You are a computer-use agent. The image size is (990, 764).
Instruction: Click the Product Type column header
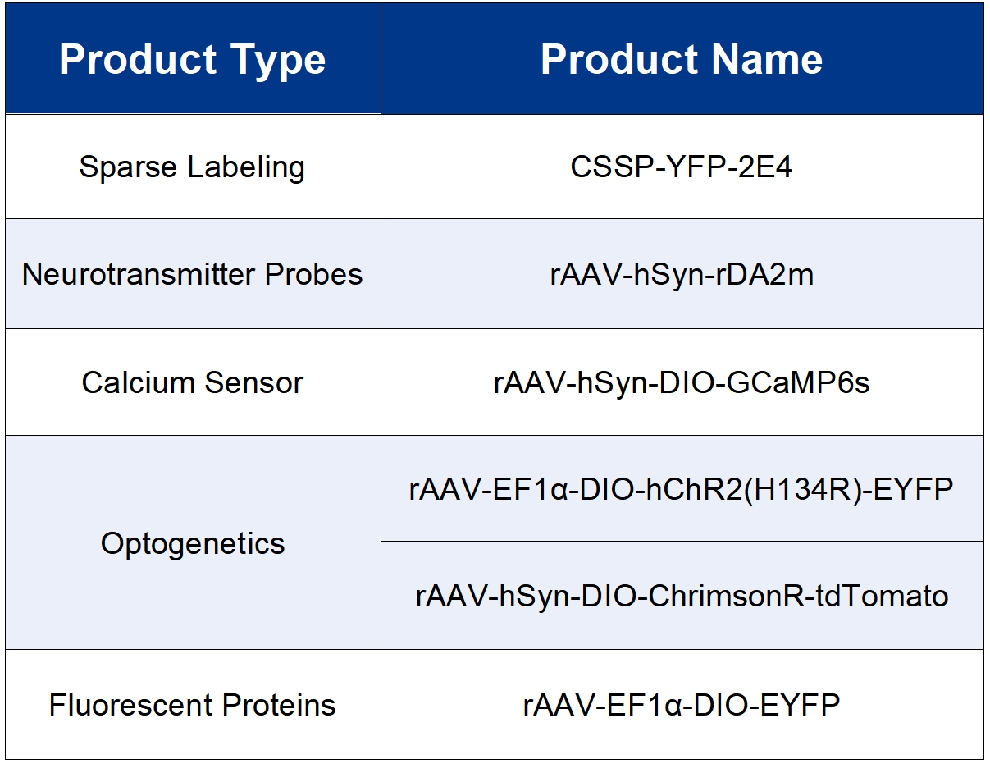tap(192, 60)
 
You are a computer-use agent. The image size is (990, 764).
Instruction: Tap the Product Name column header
tap(682, 59)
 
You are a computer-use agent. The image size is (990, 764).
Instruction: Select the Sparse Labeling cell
tap(192, 167)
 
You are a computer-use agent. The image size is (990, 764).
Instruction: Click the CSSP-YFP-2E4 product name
tap(681, 167)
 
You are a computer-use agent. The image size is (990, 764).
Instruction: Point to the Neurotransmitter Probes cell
tap(192, 274)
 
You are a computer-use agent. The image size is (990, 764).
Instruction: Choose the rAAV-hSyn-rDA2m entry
tap(682, 274)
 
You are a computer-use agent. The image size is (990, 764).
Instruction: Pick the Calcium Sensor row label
tap(192, 382)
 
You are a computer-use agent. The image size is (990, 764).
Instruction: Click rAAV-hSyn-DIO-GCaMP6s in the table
tap(682, 382)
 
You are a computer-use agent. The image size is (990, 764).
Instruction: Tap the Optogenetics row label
tap(193, 544)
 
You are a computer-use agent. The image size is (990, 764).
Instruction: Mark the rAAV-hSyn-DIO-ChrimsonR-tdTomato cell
tap(682, 597)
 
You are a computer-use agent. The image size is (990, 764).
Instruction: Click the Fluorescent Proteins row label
tap(192, 705)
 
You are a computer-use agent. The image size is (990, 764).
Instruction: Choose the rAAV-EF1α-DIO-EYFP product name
tap(682, 705)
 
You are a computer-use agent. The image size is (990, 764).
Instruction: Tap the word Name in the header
tap(767, 59)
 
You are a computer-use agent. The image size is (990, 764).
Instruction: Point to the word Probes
tap(314, 274)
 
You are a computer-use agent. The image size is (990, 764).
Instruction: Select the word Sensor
tap(253, 382)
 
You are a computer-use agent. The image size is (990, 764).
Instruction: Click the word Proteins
tap(279, 705)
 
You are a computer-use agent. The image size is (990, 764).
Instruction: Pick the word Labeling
tap(246, 167)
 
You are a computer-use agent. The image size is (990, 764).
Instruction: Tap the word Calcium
tap(139, 382)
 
